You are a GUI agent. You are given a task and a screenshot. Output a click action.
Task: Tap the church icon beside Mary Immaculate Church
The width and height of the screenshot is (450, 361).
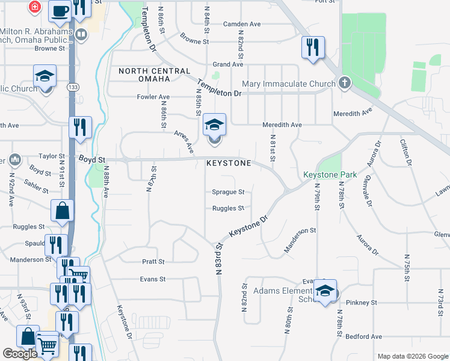point(344,83)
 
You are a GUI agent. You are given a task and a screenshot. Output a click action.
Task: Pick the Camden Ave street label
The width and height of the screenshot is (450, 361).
point(242,24)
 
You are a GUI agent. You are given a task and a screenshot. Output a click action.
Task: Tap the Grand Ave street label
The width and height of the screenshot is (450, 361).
point(228,64)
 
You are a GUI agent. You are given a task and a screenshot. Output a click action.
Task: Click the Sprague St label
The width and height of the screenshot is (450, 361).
point(228,193)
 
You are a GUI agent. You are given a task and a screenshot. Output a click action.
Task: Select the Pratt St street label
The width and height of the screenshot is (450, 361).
point(153,262)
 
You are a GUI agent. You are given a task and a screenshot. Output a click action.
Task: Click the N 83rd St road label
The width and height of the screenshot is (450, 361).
point(219,259)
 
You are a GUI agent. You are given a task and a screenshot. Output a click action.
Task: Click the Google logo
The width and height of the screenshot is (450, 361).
point(20,354)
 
